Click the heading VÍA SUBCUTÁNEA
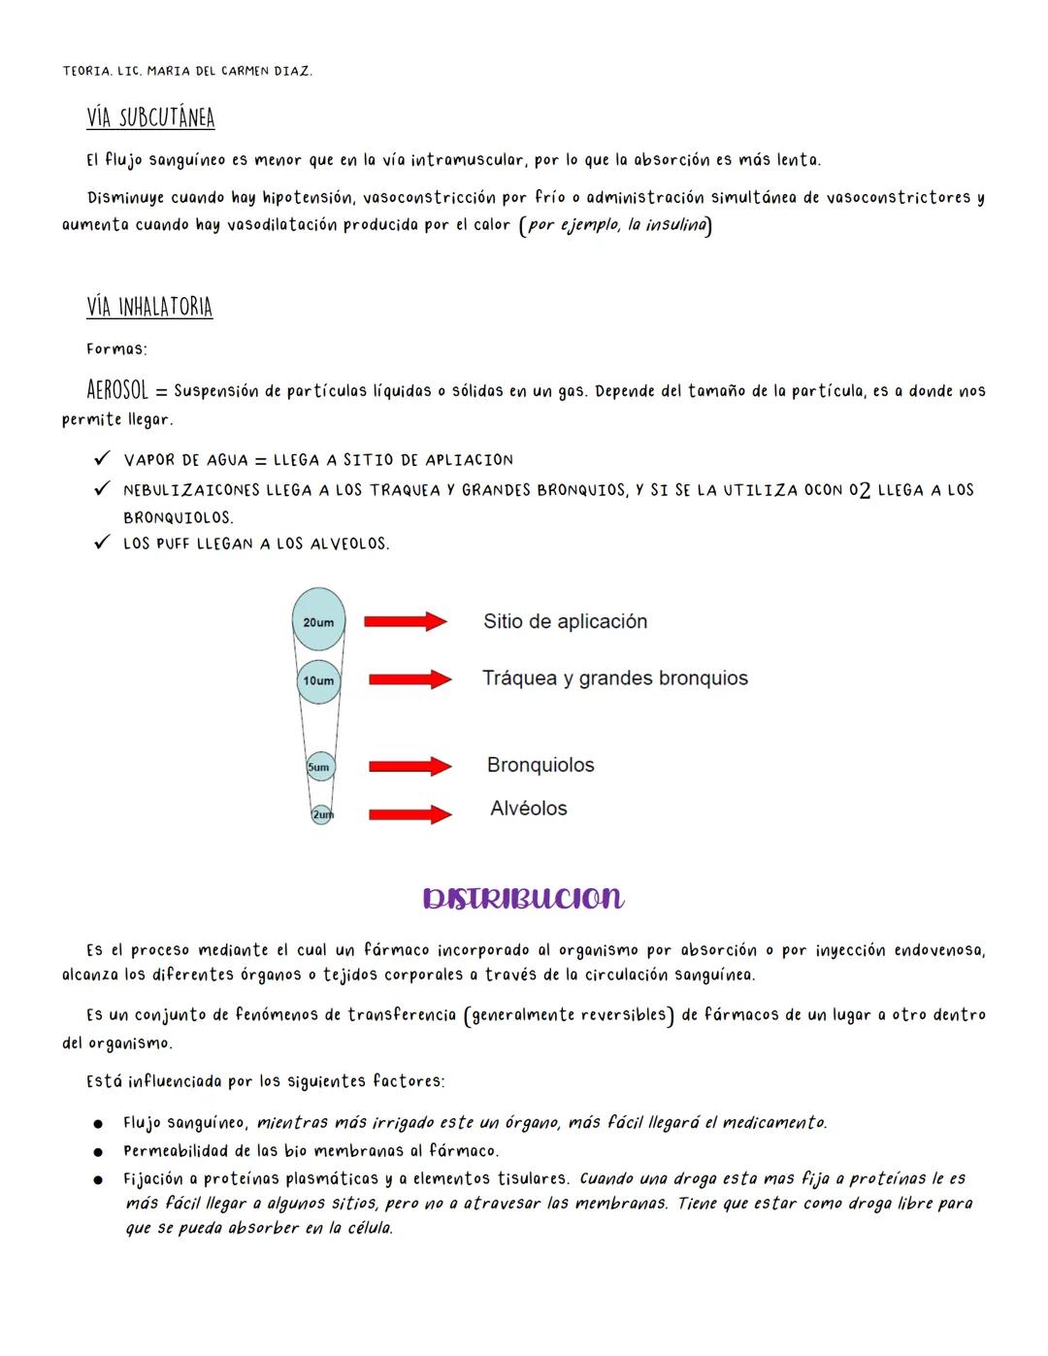click(x=150, y=117)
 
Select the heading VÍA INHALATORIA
click(x=149, y=307)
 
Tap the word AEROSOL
click(x=117, y=390)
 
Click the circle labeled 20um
click(x=318, y=621)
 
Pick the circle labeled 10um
click(x=318, y=680)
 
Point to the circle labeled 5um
click(x=319, y=767)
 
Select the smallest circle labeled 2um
click(x=321, y=814)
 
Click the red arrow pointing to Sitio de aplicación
click(x=405, y=621)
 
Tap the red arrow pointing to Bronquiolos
click(x=409, y=767)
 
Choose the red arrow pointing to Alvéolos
click(x=409, y=814)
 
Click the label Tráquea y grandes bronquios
click(x=614, y=678)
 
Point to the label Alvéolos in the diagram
click(x=528, y=809)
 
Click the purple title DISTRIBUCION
click(x=523, y=898)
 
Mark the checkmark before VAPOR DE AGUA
click(x=101, y=458)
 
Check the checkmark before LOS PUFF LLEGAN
click(x=101, y=543)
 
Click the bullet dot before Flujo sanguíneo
click(x=98, y=1124)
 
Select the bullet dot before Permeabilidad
click(x=98, y=1152)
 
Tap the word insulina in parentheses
click(x=676, y=225)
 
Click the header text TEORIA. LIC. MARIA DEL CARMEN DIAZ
click(x=187, y=72)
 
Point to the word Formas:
click(x=116, y=348)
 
